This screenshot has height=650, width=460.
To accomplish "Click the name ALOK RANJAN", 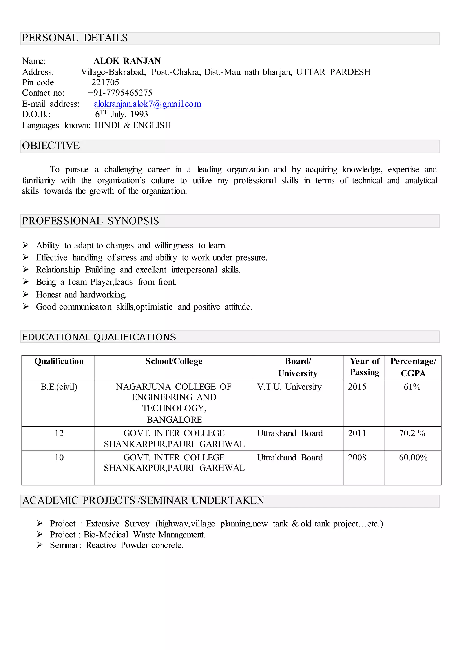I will (x=127, y=61).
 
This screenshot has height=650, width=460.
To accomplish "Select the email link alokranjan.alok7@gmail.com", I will (x=147, y=104).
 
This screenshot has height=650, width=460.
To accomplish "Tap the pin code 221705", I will (x=105, y=82).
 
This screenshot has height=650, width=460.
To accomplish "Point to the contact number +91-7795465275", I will (x=120, y=93).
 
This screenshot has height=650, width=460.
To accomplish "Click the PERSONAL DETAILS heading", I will (x=75, y=38).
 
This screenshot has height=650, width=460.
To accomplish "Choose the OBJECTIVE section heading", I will (x=51, y=146).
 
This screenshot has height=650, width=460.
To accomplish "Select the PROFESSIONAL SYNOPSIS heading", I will (x=91, y=221).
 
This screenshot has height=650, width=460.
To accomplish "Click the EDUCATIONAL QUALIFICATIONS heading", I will (x=99, y=337).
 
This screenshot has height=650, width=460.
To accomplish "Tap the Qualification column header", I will (x=59, y=361).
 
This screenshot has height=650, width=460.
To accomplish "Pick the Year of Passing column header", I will (x=365, y=367).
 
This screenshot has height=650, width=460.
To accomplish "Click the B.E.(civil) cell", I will (x=59, y=387).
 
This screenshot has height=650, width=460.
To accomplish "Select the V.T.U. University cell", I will (x=289, y=387).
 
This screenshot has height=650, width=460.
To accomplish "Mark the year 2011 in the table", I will (x=357, y=433).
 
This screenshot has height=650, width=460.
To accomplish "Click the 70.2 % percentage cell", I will (x=412, y=433).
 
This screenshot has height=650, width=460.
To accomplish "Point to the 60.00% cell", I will (x=413, y=458).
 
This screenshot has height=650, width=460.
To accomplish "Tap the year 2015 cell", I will (x=357, y=387).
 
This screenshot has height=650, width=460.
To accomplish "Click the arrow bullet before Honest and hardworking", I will (x=26, y=294).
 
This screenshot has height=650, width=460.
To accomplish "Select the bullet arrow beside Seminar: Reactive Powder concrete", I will (x=40, y=545).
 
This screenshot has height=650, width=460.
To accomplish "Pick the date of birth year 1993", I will (x=139, y=114).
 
